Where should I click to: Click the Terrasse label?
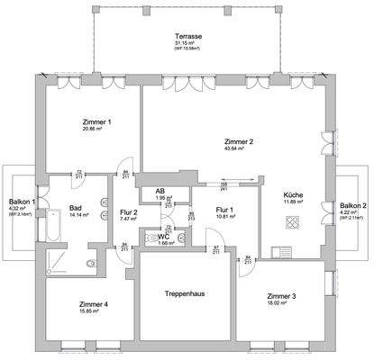coord(187,35)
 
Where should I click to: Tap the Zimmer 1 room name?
coord(96,122)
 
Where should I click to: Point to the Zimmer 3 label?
coord(282,296)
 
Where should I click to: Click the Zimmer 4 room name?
coord(93,304)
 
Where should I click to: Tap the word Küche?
coord(292,195)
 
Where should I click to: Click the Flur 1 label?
coord(224,210)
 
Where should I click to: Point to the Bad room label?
coord(75,209)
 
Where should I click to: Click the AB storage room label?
coord(159,191)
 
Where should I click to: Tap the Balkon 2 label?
coord(351,206)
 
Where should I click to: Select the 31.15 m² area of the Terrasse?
coord(187,42)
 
